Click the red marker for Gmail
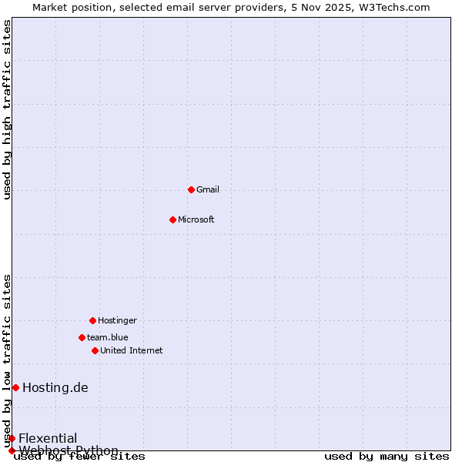point(191,189)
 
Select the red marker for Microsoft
point(172,219)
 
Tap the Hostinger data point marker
point(92,320)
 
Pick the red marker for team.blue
point(82,337)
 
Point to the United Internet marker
point(95,350)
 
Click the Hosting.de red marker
point(15,387)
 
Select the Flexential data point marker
point(12,438)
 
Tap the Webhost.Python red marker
point(12,450)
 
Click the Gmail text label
point(208,189)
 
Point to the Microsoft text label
point(196,219)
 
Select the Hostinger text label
point(117,320)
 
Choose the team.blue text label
point(108,337)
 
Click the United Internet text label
point(131,350)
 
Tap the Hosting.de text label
point(55,387)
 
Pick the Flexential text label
point(48,438)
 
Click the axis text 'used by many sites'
point(387,456)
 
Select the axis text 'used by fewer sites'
point(80,456)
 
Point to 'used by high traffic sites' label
point(8,109)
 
